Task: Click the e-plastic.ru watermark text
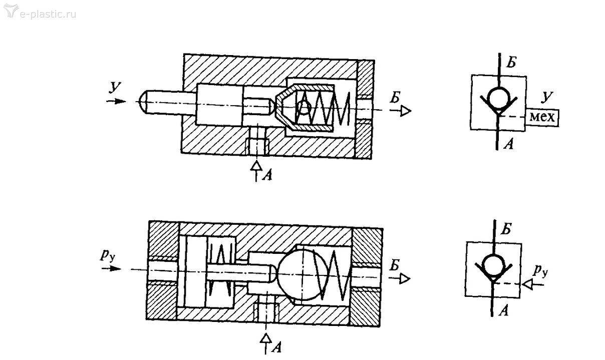click(48, 14)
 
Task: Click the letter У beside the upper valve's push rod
click(115, 87)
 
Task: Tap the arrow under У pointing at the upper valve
click(116, 101)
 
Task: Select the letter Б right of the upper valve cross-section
click(395, 97)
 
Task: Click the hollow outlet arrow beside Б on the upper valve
click(400, 111)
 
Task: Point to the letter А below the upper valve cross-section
click(267, 176)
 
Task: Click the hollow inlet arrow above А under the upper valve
click(256, 171)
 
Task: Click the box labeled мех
click(542, 118)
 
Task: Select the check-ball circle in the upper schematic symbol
click(499, 99)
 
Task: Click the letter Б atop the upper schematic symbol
click(511, 63)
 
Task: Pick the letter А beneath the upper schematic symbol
click(508, 144)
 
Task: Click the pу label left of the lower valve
click(108, 255)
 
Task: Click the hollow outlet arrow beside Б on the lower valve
click(400, 279)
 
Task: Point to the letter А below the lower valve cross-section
click(276, 347)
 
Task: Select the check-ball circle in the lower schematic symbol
click(493, 265)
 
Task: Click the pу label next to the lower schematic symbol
click(539, 270)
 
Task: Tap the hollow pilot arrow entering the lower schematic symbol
click(532, 284)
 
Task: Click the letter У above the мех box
click(547, 97)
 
